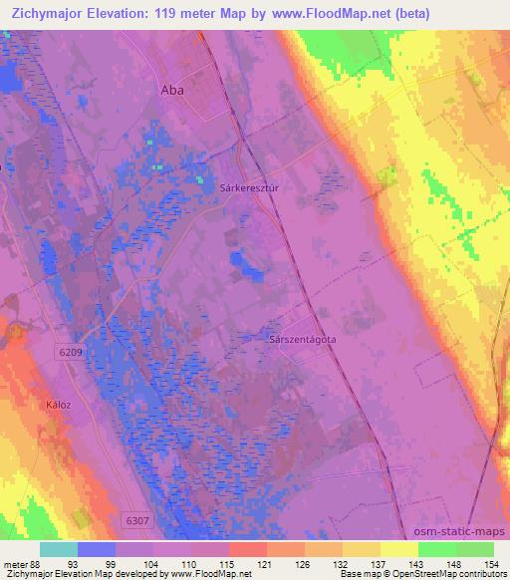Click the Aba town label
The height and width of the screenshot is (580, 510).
pos(171,89)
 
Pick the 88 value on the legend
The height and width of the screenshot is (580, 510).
pos(33,565)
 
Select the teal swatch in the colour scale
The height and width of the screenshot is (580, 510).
pos(58,549)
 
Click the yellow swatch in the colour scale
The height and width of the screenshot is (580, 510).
pos(398,549)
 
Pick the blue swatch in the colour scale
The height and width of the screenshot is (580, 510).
pos(96,549)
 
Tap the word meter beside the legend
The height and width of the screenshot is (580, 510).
pos(13,565)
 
